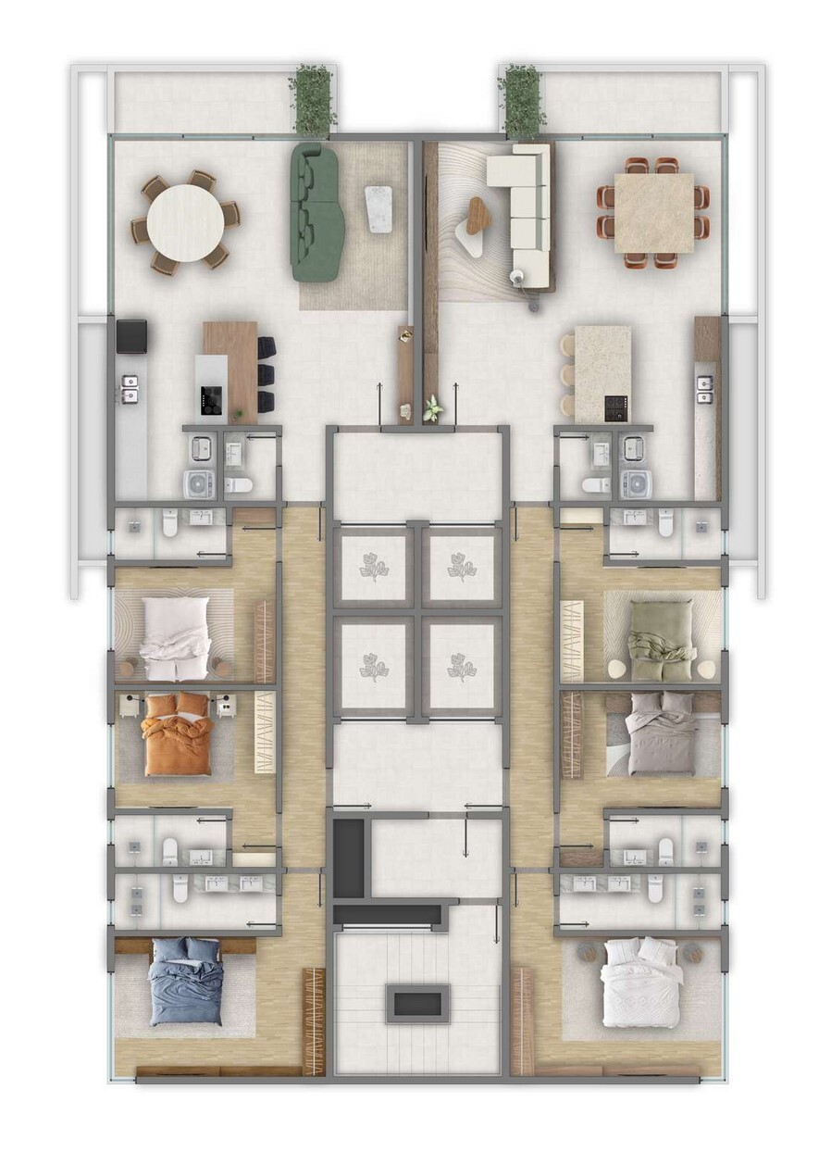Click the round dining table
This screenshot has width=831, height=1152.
pos(185,222)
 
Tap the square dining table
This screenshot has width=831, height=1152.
pos(653,212)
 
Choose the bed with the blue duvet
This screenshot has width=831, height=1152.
pos(186,982)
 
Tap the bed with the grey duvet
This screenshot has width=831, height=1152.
pos(660,732)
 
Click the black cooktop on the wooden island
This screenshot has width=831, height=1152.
pos(211,399)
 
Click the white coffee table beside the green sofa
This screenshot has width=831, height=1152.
pos(378,209)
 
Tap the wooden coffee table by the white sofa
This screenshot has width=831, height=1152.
pos(478,215)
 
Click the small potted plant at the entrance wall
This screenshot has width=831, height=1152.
pos(431,407)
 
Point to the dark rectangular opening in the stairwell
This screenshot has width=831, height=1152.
pos(418,1003)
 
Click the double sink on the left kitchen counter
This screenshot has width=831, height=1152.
pos(130,388)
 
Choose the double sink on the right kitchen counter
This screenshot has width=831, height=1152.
pos(705,388)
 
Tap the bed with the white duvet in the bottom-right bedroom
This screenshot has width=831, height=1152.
pos(640,982)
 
